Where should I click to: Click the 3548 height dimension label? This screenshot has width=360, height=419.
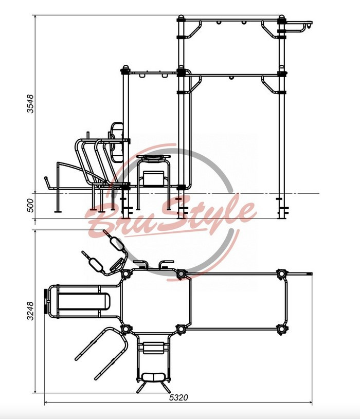pyautogui.click(x=31, y=104)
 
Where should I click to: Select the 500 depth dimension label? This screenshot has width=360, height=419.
pyautogui.click(x=31, y=206)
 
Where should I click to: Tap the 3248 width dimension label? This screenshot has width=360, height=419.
pyautogui.click(x=31, y=311)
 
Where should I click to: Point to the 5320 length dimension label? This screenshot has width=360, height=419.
pyautogui.click(x=178, y=397)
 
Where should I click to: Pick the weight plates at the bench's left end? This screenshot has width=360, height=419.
pyautogui.click(x=46, y=301)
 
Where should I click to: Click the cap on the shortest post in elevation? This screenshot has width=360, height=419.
pyautogui.click(x=125, y=67)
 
